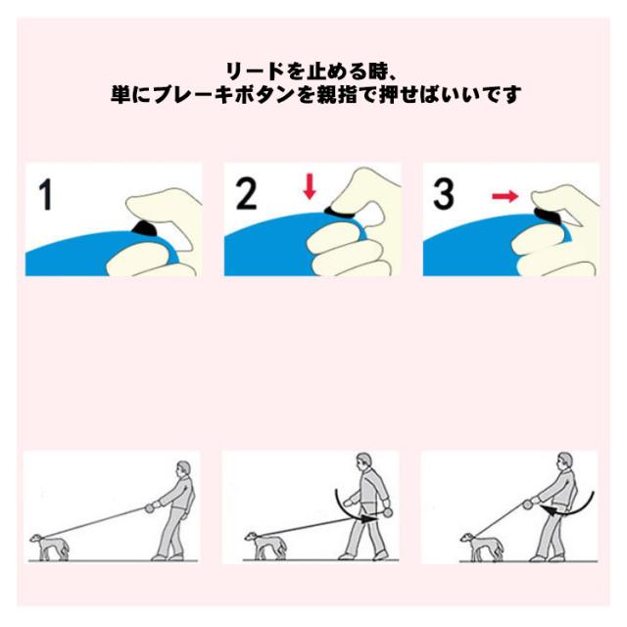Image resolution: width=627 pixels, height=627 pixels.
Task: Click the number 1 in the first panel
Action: click(46, 194)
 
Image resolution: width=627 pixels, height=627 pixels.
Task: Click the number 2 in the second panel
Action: click(246, 194)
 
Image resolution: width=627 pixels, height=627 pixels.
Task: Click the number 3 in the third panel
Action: click(443, 194)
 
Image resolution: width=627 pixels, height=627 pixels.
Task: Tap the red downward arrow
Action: click(310, 187)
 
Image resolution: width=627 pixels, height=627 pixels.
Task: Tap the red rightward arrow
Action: click(506, 196)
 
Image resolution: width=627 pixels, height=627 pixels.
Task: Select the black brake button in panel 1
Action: click(144, 228)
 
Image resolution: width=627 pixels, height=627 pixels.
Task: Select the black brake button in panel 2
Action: click(340, 213)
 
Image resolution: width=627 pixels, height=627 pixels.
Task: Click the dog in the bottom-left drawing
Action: click(50, 547)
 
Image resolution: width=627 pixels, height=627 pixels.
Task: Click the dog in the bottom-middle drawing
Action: click(265, 546)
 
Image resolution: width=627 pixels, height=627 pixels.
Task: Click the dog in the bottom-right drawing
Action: click(482, 547)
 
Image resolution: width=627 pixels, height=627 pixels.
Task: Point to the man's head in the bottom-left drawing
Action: click(183, 469)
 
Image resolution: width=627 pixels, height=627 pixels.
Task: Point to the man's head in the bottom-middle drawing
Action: click(362, 461)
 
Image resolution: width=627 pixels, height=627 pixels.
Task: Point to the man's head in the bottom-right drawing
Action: click(564, 461)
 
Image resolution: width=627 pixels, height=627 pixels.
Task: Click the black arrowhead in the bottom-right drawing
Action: click(549, 510)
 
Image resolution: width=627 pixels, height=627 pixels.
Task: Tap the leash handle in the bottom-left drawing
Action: click(150, 507)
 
